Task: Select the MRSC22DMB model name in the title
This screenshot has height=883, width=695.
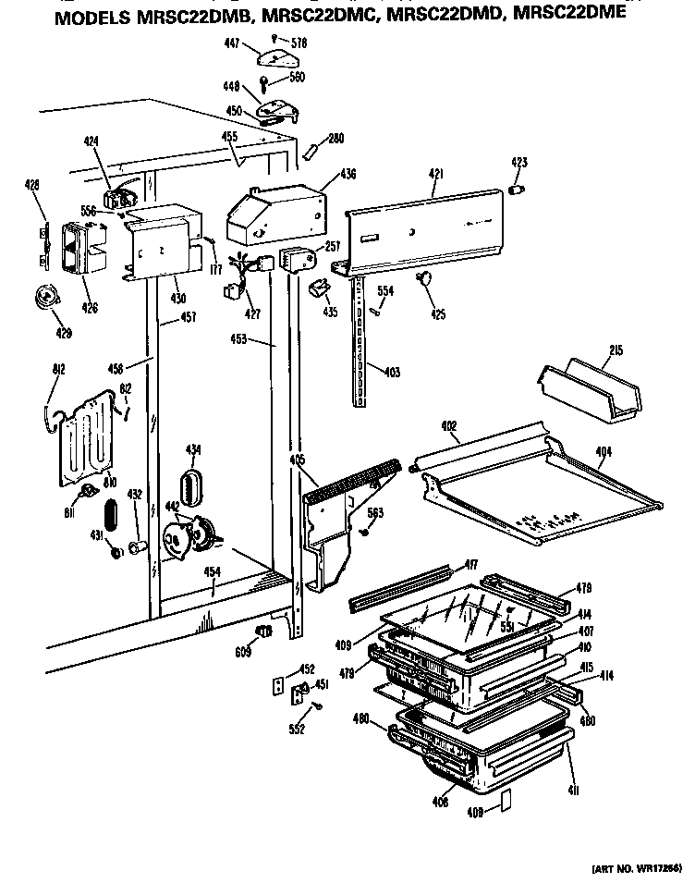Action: [181, 16]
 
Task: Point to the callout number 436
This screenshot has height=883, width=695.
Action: [347, 174]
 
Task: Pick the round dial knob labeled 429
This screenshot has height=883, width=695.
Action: [43, 295]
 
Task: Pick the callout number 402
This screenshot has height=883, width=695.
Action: [449, 426]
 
